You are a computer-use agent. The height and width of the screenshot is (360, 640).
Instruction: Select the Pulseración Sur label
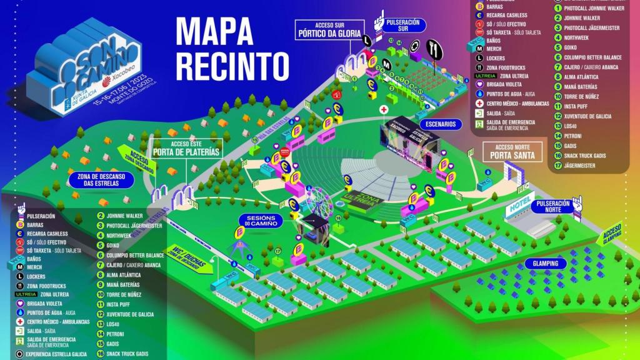tap(402, 26)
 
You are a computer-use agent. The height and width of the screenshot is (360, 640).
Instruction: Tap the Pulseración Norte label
tap(552, 207)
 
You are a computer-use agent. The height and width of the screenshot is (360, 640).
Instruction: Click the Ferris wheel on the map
tap(317, 201)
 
